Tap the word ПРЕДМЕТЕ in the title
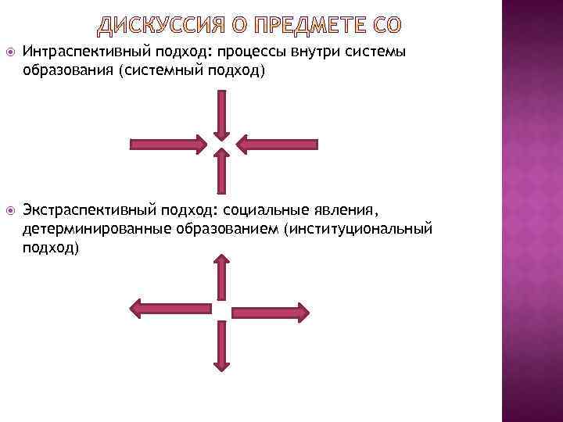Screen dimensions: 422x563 coord(310,27)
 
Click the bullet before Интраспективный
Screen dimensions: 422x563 coord(9,53)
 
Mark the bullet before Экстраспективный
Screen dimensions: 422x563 coord(9,210)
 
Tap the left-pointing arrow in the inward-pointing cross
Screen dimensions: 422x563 coord(276,144)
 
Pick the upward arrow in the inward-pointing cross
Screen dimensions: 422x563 coord(222,172)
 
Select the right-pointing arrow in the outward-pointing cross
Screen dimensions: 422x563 coord(274,309)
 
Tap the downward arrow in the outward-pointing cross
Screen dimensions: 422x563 coord(221,344)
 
